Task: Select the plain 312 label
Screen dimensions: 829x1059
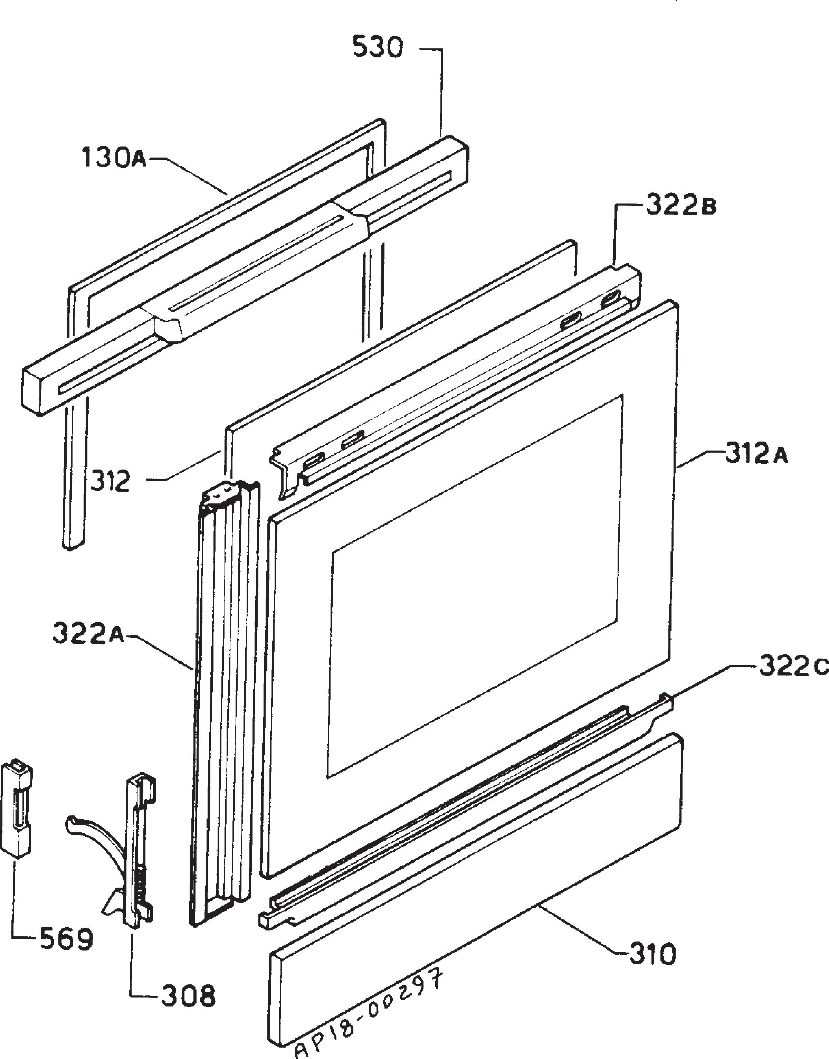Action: pos(111,481)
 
